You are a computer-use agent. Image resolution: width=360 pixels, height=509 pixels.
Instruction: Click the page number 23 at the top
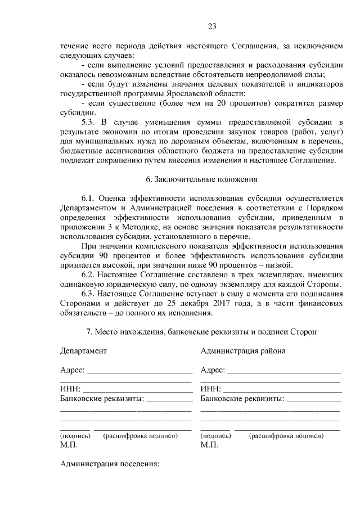point(211,26)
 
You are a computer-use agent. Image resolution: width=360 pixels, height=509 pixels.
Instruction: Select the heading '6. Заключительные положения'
point(201,180)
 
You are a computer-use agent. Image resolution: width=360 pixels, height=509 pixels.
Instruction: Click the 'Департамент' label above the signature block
point(83,351)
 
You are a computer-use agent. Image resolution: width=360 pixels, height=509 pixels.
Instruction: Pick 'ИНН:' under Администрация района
point(210,389)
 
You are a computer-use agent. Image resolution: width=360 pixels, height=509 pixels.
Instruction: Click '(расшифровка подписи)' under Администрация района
point(287,435)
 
